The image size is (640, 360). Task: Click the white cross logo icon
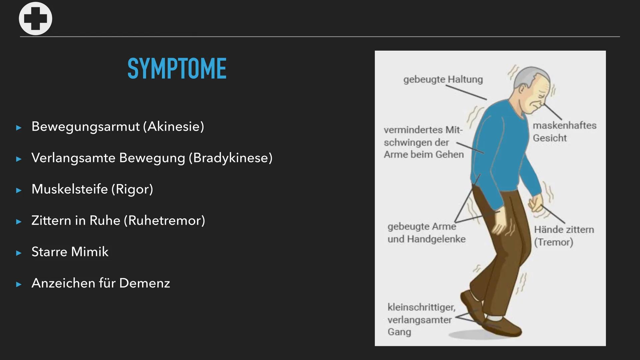(35, 19)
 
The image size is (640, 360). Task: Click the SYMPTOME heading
(177, 69)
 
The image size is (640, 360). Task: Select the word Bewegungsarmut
(85, 127)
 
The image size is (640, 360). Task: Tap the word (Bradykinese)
(231, 158)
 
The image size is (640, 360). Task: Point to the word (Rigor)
(132, 189)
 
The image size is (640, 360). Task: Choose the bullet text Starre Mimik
(70, 252)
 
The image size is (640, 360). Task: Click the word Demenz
(144, 283)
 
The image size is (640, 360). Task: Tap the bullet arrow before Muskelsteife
(19, 190)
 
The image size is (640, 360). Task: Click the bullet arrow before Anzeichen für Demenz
(19, 284)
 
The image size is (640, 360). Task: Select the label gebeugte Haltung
(443, 80)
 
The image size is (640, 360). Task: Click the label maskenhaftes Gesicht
(564, 132)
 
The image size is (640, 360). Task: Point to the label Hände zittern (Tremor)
(563, 236)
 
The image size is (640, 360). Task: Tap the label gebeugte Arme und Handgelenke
(426, 233)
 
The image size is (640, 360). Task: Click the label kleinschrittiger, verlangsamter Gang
(421, 319)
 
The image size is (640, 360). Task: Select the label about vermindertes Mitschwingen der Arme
(423, 142)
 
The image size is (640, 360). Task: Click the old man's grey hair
(527, 75)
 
